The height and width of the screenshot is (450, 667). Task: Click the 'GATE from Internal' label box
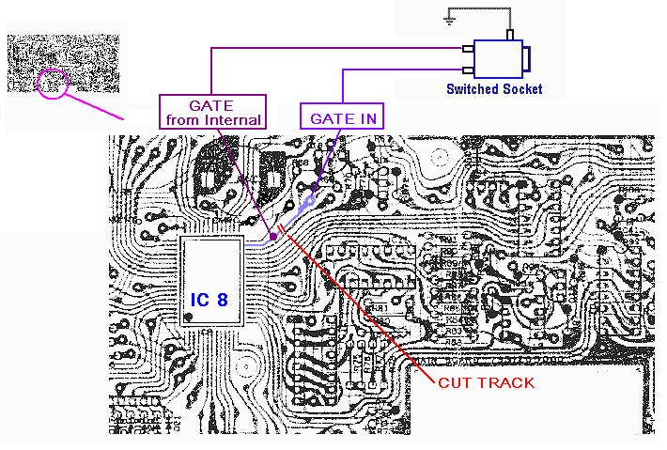tap(212, 112)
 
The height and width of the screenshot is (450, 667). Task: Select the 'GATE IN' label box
tap(343, 119)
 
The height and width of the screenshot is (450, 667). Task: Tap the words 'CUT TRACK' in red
tap(486, 382)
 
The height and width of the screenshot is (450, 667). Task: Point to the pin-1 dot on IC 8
tap(189, 318)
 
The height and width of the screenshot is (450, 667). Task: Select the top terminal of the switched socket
tap(510, 35)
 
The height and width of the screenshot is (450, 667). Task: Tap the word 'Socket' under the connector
tap(521, 90)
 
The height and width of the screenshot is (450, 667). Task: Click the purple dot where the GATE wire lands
tap(273, 237)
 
